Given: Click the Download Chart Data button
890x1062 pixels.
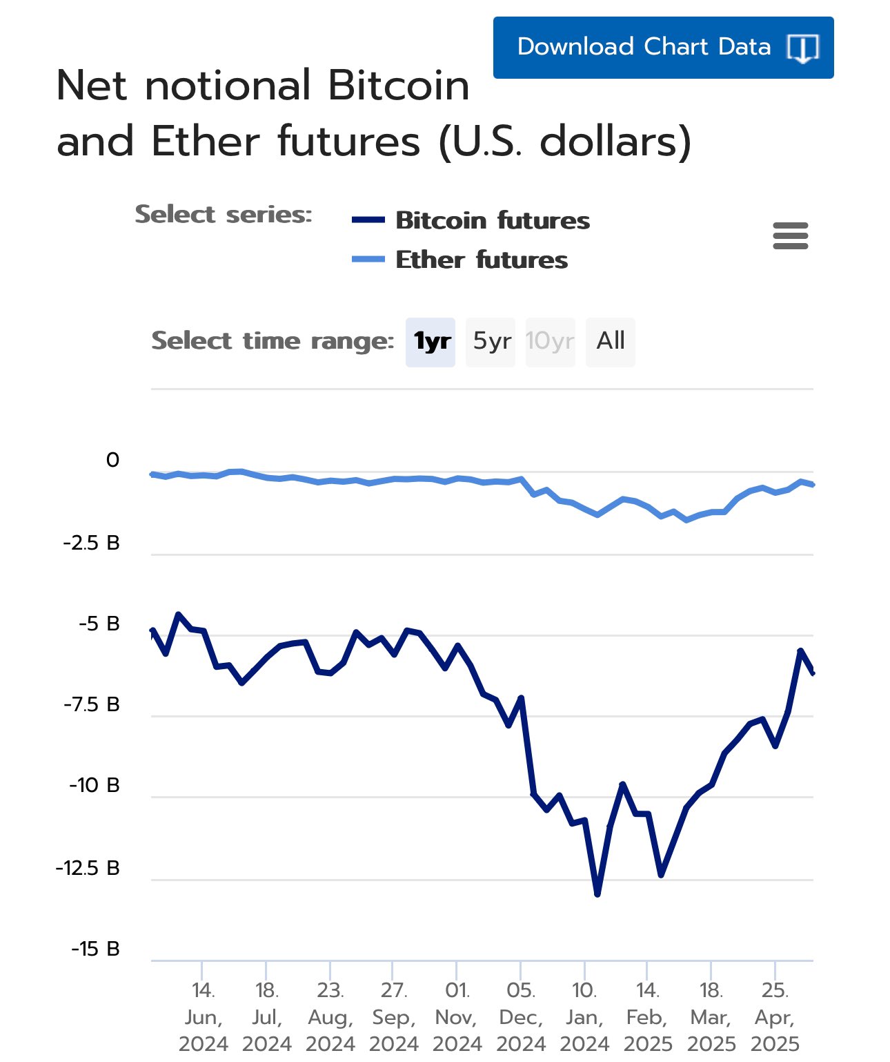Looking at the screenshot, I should tap(663, 48).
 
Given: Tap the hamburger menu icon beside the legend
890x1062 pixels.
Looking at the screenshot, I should tap(791, 236).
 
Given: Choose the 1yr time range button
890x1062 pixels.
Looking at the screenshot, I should tap(431, 342).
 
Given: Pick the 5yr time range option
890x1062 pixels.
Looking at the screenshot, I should tap(491, 342).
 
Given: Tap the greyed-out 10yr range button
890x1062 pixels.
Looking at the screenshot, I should tap(550, 342).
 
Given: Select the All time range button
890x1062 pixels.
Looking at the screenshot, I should tap(611, 342).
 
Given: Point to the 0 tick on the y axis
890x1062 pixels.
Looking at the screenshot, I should tap(112, 461).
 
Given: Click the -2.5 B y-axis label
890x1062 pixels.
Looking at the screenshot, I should tap(92, 543).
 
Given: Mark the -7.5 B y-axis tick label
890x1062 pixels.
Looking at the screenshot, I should tap(92, 705).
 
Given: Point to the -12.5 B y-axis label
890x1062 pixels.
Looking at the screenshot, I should tap(88, 868).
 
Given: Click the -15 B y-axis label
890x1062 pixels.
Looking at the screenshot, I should tap(95, 949).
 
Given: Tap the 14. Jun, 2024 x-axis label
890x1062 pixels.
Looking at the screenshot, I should tap(203, 1017).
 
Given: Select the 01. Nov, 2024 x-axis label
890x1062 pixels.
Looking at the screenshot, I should tap(457, 1017).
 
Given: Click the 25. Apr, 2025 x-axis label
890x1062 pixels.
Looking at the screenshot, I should tap(775, 1017).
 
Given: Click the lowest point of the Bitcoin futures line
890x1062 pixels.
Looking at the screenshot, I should tap(597, 894).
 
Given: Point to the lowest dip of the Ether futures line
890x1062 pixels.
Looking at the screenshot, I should tap(686, 520).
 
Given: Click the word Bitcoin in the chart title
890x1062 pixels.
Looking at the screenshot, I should tap(398, 86).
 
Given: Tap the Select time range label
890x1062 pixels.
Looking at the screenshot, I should tap(273, 341).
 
